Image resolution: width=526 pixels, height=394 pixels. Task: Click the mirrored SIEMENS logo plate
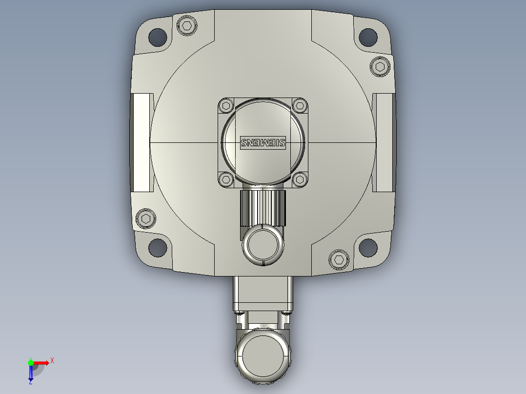[x=263, y=142]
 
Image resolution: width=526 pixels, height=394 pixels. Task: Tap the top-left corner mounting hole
[x=157, y=36]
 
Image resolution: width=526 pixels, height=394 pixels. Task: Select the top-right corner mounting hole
[x=368, y=36]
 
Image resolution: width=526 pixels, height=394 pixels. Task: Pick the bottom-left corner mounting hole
[x=157, y=247]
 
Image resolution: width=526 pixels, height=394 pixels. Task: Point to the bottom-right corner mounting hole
[x=368, y=247]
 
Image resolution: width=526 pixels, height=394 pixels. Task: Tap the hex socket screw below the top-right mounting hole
[x=381, y=66]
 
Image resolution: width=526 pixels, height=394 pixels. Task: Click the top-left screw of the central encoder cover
[x=225, y=105]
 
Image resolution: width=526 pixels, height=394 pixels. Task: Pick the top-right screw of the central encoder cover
[x=300, y=105]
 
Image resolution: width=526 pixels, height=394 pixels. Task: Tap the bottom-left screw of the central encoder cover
[x=225, y=179]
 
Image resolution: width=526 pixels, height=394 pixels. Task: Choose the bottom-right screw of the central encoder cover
[x=300, y=179]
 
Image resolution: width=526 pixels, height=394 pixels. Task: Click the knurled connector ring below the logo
[x=263, y=207]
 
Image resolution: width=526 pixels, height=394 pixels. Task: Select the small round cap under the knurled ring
[x=263, y=244]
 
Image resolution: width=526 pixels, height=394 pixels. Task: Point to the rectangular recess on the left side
[x=142, y=142]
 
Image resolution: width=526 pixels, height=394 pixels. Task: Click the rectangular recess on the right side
[x=384, y=142]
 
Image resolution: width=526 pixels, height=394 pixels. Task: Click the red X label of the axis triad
[x=52, y=361]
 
